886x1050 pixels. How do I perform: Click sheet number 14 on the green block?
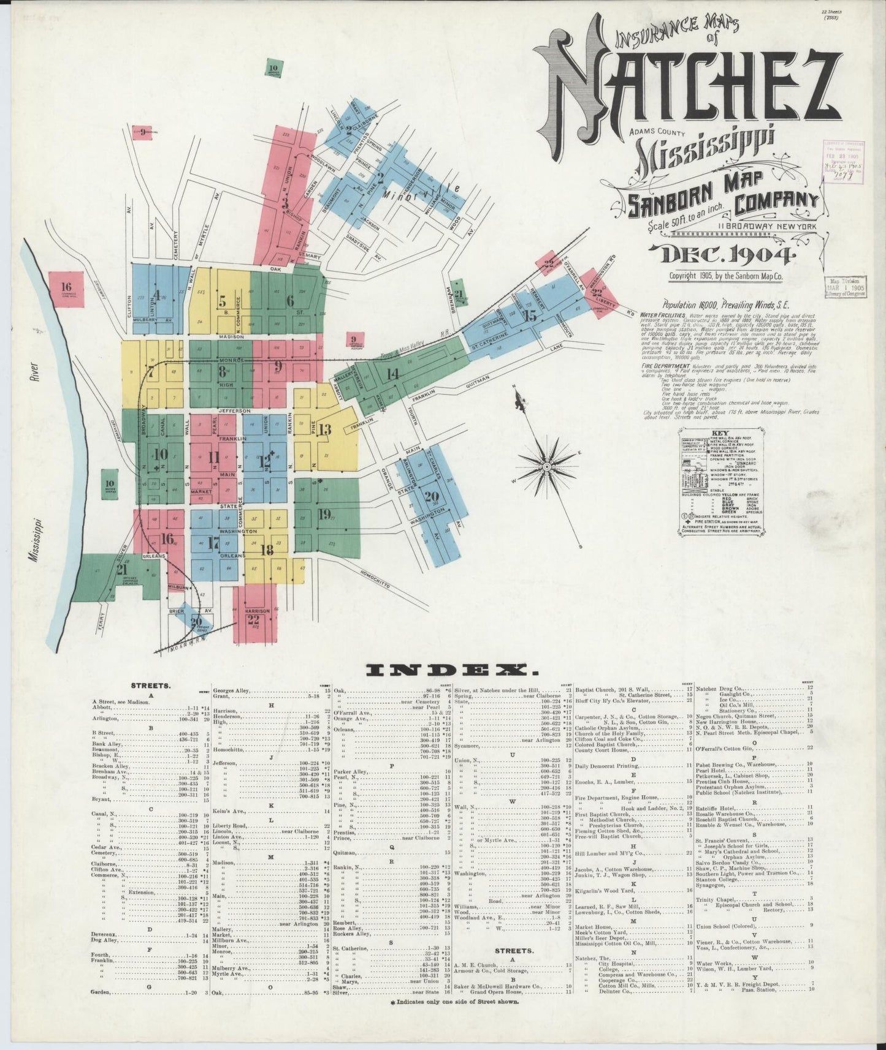[x=392, y=373]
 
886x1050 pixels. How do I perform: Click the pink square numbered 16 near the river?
[x=66, y=289]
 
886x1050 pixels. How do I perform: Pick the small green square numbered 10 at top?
[x=273, y=69]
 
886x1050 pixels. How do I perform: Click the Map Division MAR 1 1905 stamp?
[x=845, y=286]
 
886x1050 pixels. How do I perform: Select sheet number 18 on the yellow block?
[x=267, y=549]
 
